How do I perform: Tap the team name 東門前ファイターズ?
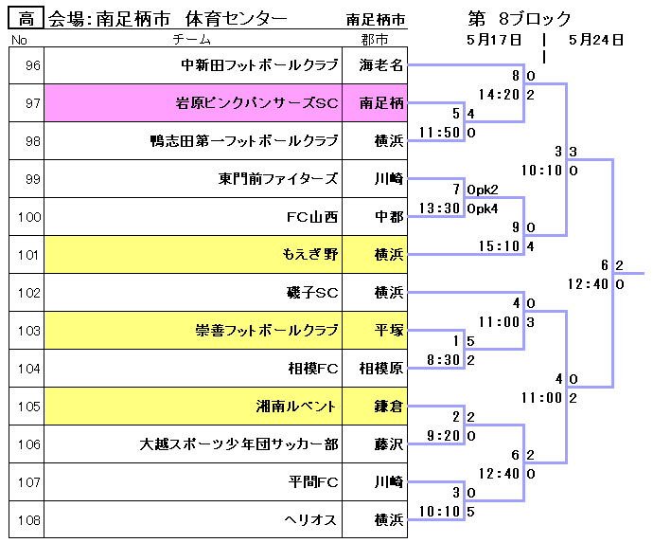[x=278, y=178]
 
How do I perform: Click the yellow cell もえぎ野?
[x=310, y=254]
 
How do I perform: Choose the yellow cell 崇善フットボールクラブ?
[x=266, y=331]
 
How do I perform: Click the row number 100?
[x=29, y=217]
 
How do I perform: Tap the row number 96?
[x=33, y=65]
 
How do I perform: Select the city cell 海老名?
[x=382, y=65]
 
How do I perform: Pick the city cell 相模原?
[x=382, y=369]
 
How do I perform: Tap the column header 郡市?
[x=375, y=40]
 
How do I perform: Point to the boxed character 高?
[x=26, y=18]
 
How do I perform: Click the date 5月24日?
[x=596, y=40]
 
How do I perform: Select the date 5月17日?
[x=494, y=40]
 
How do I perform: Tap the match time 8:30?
[x=444, y=360]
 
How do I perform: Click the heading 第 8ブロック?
[x=520, y=18]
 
